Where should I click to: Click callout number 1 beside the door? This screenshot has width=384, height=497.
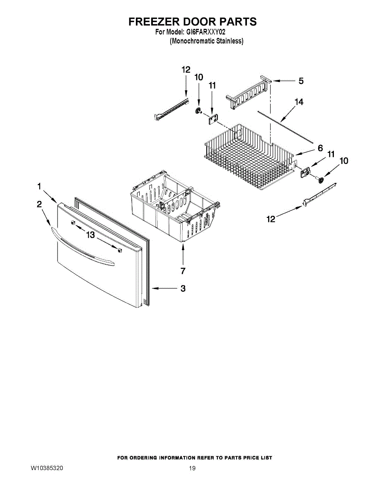pos(39,187)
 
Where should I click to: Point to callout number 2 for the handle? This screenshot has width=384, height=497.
pos(39,204)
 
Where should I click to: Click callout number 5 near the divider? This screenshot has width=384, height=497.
pos(301,81)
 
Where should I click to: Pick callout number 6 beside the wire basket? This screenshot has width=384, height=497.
pos(320,148)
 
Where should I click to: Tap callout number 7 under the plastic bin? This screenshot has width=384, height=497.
pos(183,271)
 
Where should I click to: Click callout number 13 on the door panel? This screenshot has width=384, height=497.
pos(90,235)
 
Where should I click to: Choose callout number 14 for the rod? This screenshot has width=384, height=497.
pos(299,102)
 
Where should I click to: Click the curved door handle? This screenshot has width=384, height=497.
pos(83,246)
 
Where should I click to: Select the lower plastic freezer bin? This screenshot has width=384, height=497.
pos(174,207)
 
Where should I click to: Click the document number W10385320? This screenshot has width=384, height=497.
pos(47,468)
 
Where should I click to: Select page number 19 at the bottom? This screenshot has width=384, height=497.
pos(192,468)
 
